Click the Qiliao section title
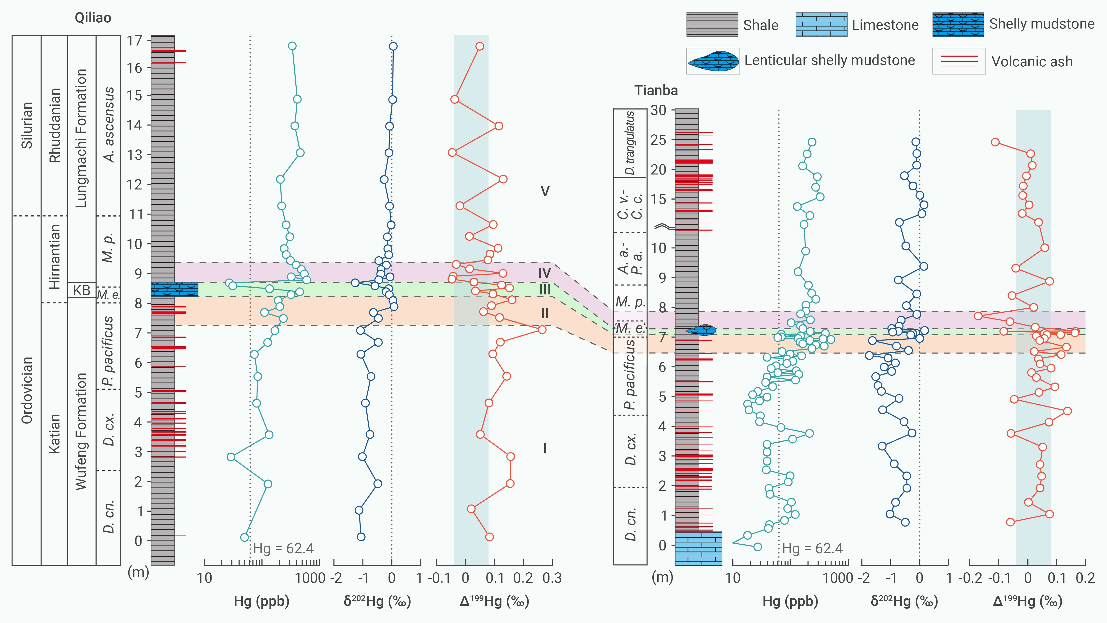[x=93, y=18]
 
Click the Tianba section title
[x=656, y=91]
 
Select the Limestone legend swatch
[x=821, y=25]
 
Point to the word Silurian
[x=27, y=125]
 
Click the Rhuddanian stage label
[x=55, y=125]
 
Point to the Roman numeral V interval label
[x=545, y=192]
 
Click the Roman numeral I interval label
[x=545, y=448]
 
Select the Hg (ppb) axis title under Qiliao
[x=261, y=601]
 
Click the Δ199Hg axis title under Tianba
[x=1027, y=601]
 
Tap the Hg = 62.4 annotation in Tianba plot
[x=812, y=549]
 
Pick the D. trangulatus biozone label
[x=630, y=143]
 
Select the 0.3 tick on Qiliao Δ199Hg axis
[x=552, y=578]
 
